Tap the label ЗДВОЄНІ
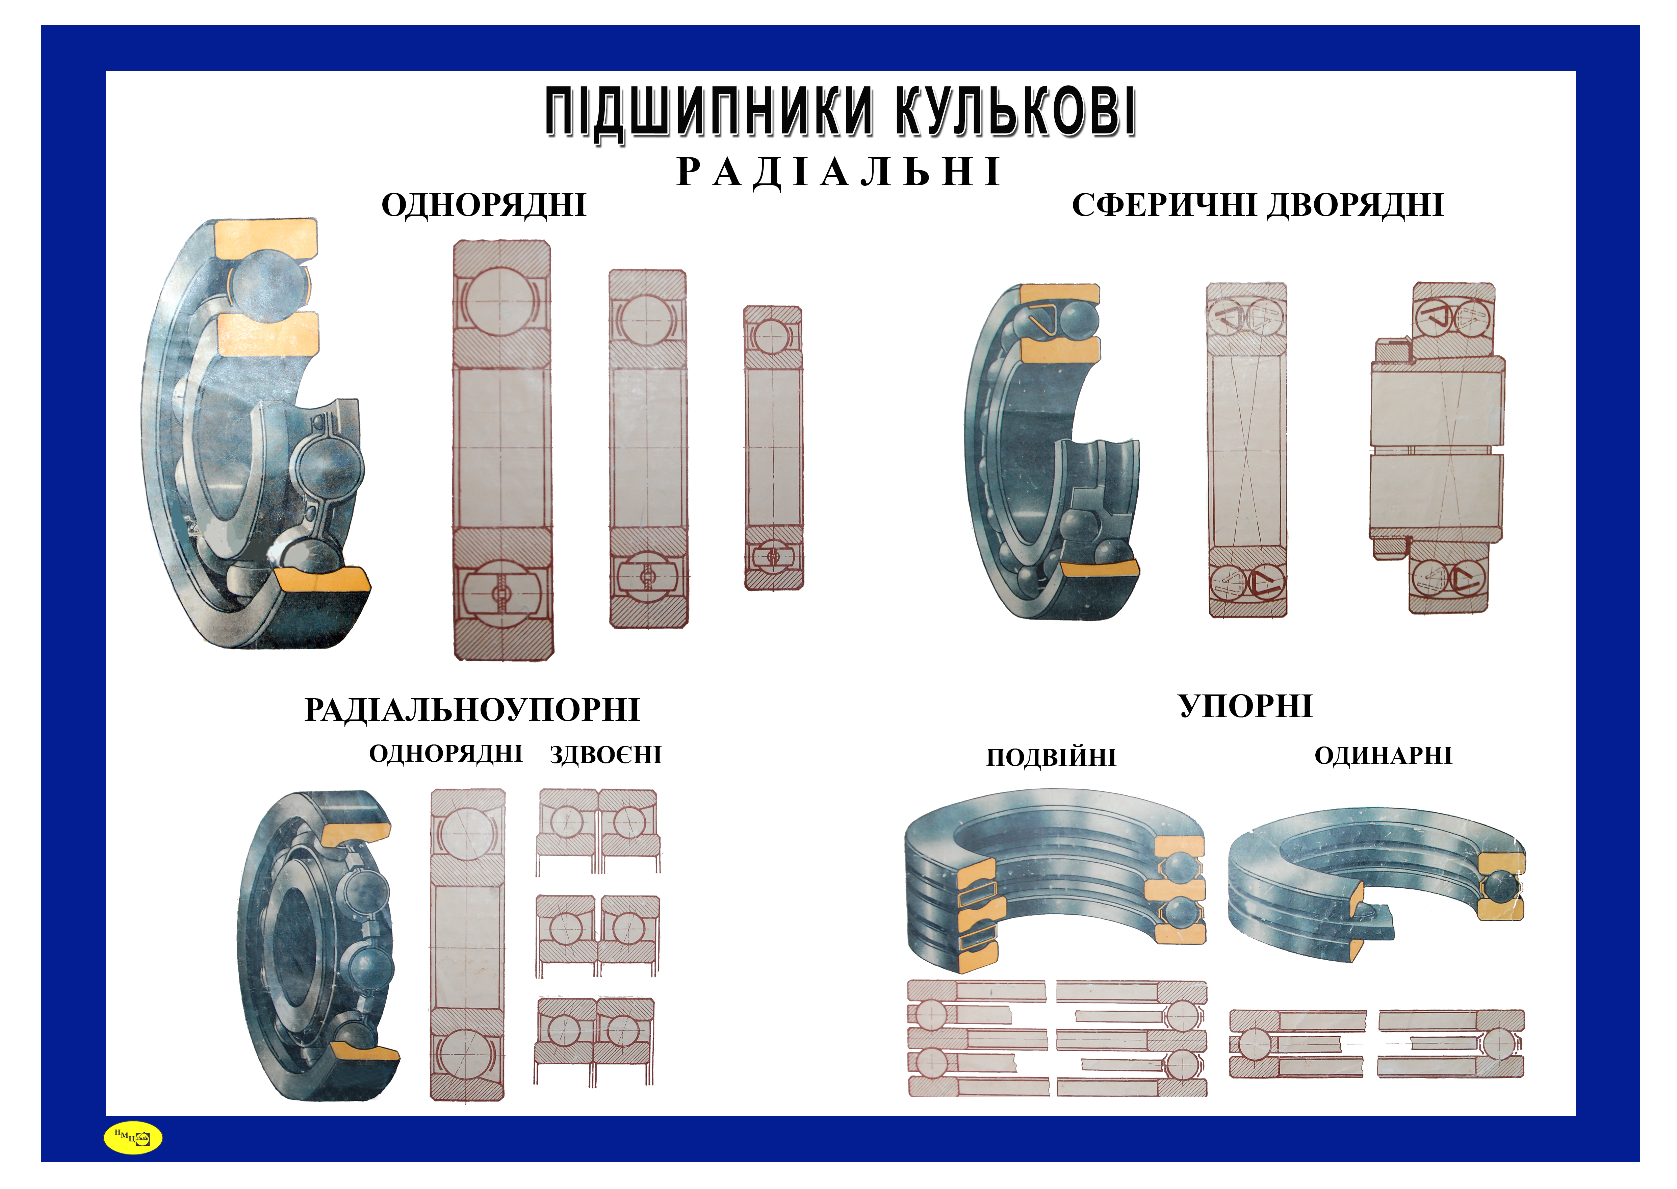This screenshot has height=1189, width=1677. tap(605, 755)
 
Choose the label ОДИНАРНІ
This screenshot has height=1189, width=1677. tap(1383, 756)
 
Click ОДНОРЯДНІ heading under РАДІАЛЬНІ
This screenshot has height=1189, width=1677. tap(484, 206)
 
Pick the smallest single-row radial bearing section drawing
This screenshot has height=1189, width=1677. tap(773, 448)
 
